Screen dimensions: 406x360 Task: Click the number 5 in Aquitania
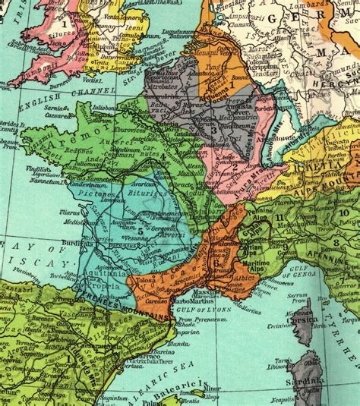[141, 228]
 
